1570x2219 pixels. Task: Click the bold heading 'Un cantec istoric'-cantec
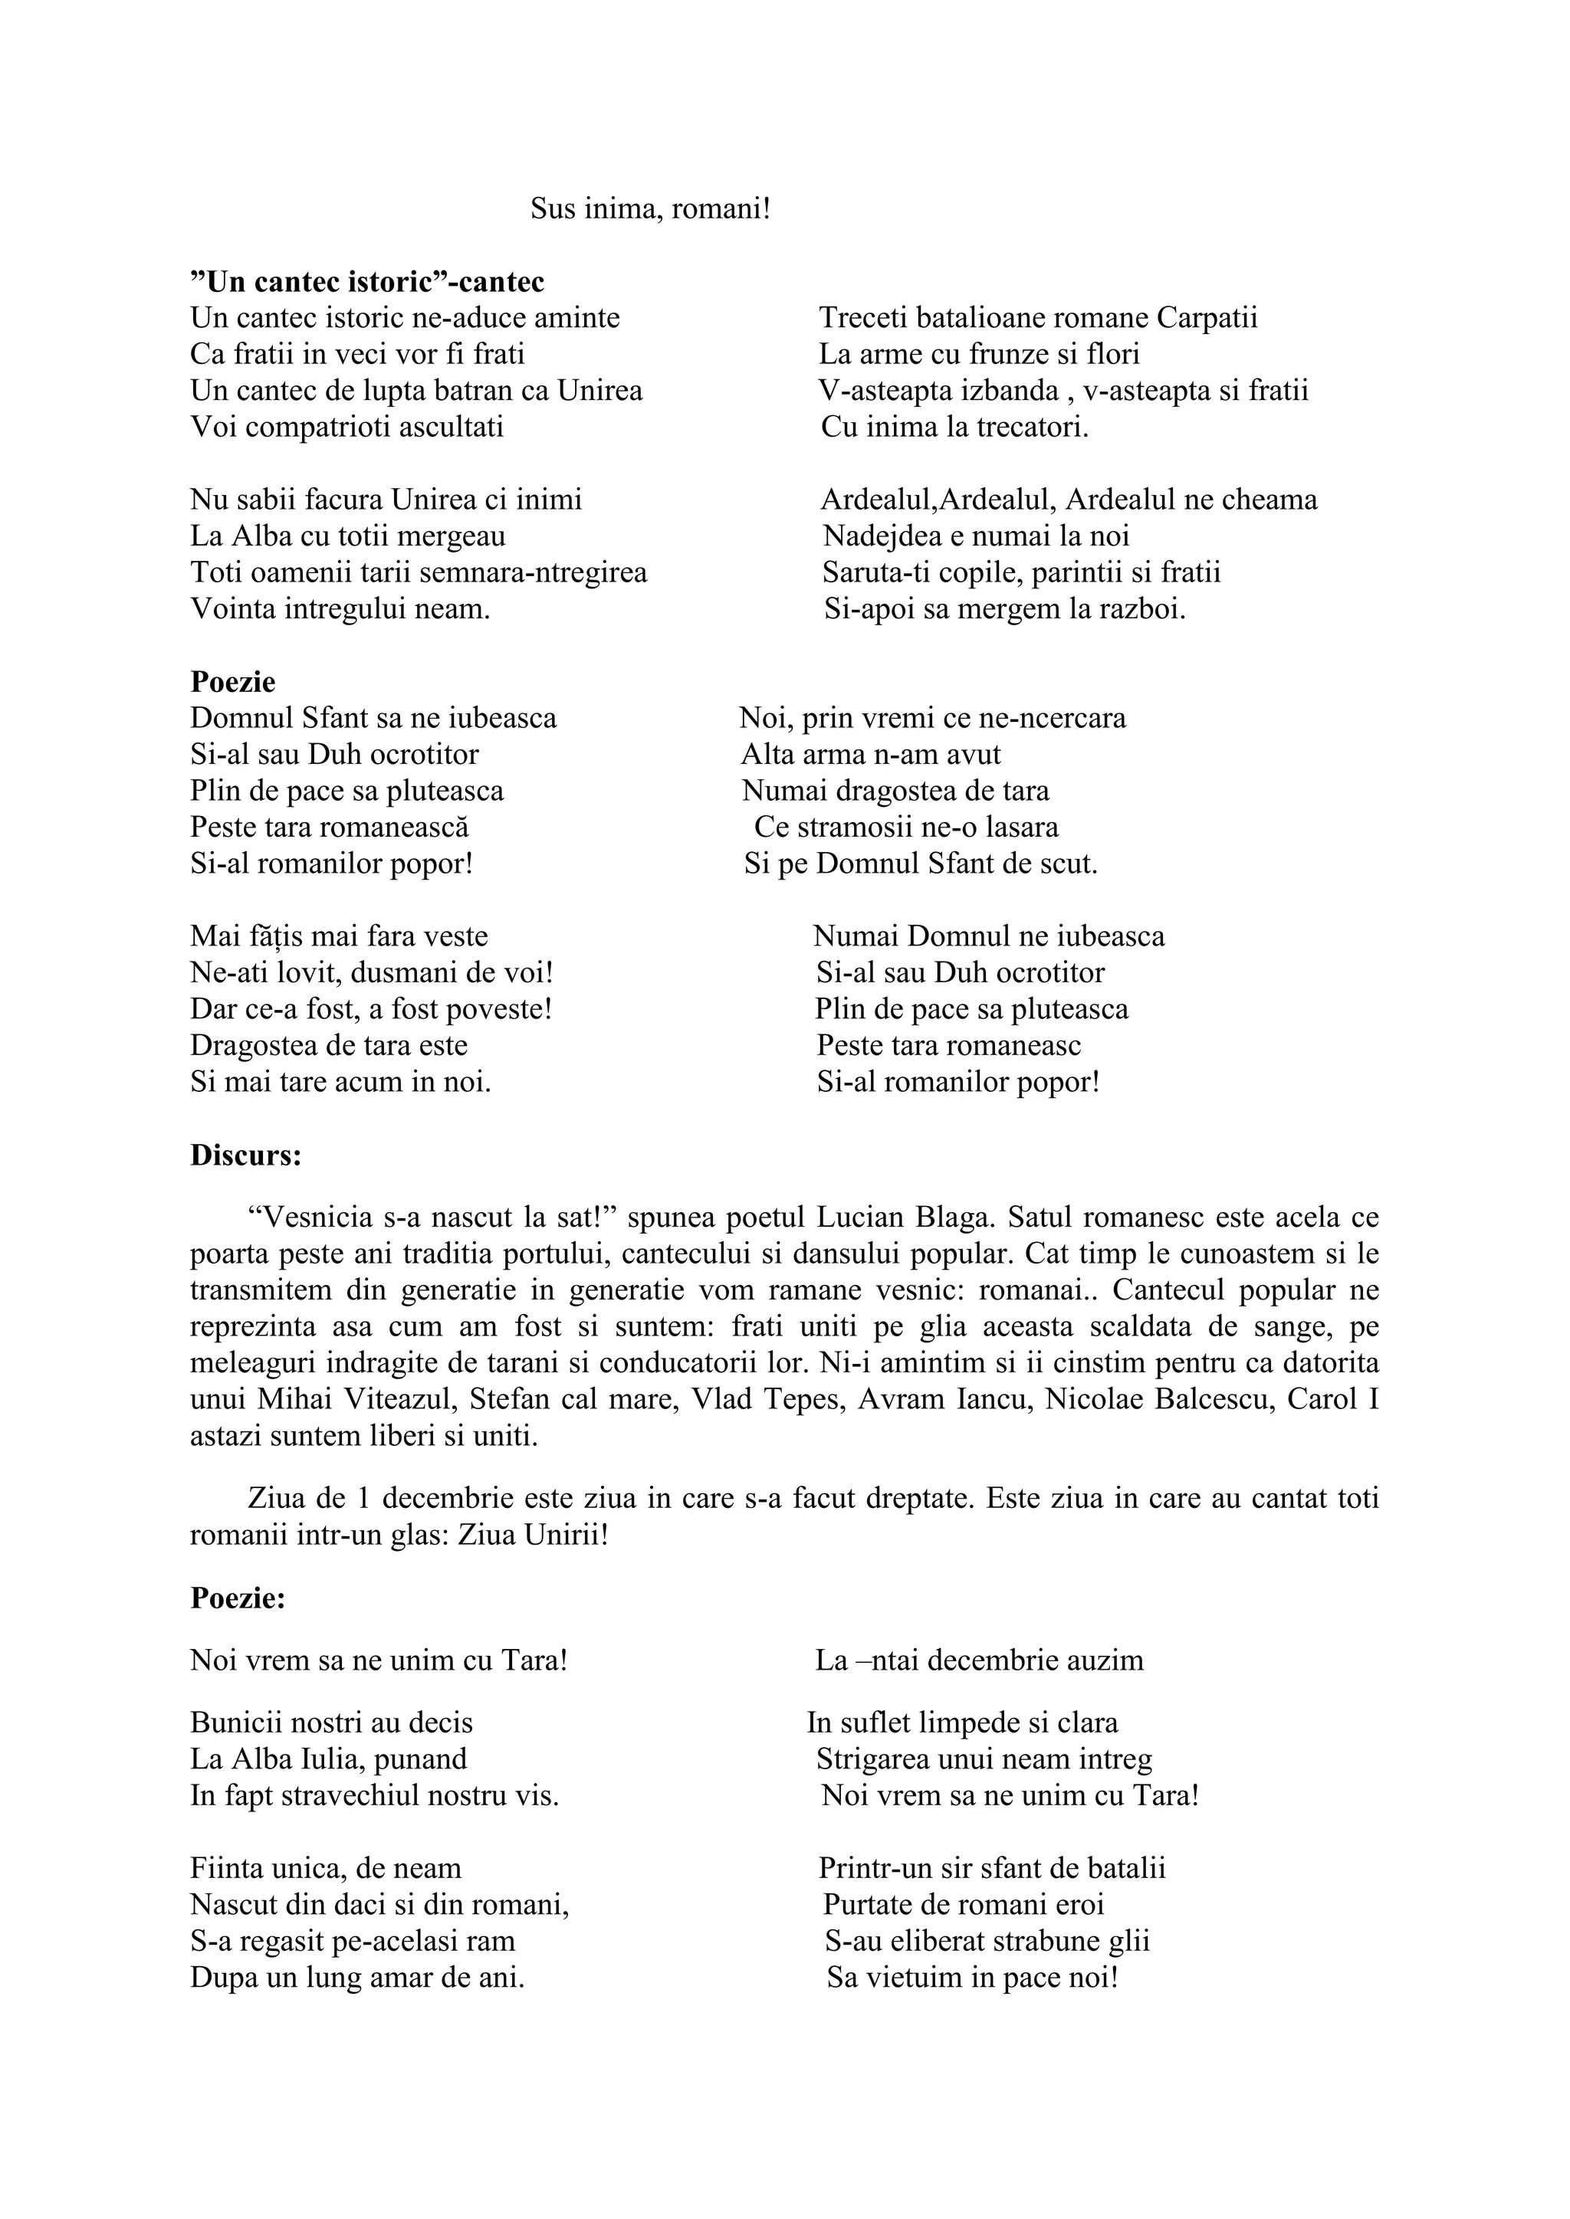pyautogui.click(x=367, y=281)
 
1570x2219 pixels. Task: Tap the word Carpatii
pyautogui.click(x=1207, y=318)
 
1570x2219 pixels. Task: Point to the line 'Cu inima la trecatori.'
pyautogui.click(x=954, y=428)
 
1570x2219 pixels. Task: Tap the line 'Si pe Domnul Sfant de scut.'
pyautogui.click(x=921, y=863)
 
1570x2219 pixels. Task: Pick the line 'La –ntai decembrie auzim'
pyautogui.click(x=978, y=1660)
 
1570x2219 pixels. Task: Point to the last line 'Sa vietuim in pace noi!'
pyautogui.click(x=971, y=1978)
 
